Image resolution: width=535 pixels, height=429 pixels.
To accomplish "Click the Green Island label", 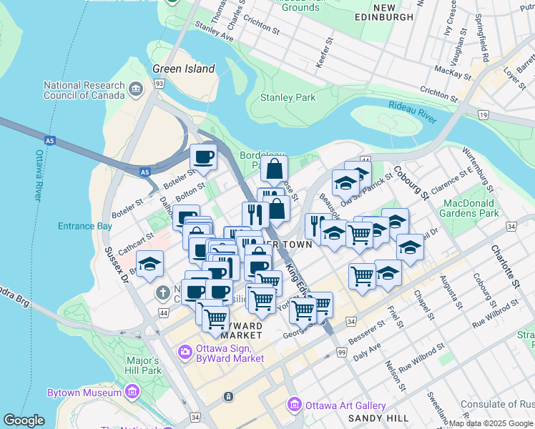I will coord(183,69).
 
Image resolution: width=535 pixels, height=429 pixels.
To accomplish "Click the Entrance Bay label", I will coord(85,226).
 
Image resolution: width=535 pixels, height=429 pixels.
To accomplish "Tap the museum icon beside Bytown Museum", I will coord(132,393).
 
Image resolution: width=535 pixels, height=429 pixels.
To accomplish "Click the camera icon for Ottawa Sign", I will coord(185,350).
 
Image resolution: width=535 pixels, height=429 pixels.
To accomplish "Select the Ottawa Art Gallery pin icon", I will coord(294,405).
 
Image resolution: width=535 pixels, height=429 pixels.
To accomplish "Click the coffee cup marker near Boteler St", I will coord(203,157).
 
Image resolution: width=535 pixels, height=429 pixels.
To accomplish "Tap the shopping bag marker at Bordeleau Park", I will coord(274,169).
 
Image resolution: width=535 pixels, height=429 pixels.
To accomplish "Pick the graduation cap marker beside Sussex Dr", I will coord(149,264).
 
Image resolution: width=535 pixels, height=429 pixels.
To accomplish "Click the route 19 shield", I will coord(484,114).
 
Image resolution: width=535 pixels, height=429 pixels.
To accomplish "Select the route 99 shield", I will coord(340,353).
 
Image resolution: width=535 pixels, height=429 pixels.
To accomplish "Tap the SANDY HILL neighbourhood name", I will coord(378,418).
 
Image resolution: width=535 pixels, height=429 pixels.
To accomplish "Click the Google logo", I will coord(24,420).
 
